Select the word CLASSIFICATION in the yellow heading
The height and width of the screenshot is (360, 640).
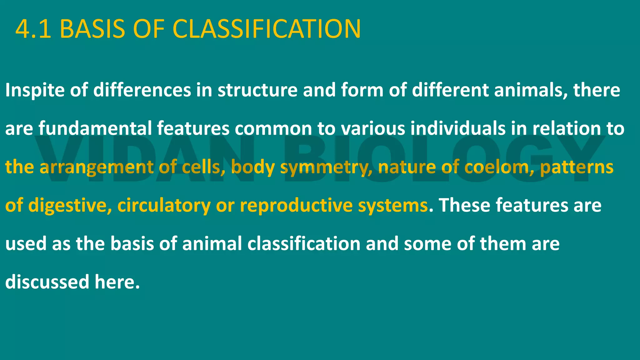(x=267, y=29)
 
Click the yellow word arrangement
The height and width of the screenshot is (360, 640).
(x=97, y=167)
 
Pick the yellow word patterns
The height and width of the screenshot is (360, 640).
(x=577, y=167)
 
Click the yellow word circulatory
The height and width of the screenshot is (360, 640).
(x=164, y=206)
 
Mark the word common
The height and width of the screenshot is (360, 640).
(x=273, y=128)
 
